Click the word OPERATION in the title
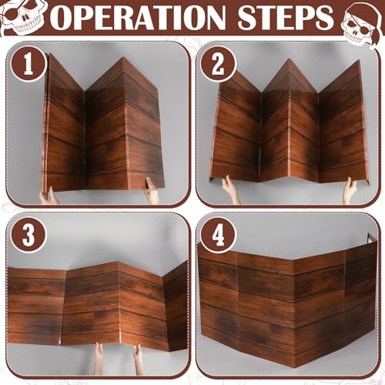(139, 17)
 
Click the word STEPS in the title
(286, 17)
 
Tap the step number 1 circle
(28, 64)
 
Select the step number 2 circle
(218, 64)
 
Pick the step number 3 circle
(28, 236)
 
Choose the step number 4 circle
(218, 236)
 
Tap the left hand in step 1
(49, 196)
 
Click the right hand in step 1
(152, 190)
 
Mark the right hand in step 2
(350, 190)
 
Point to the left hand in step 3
(98, 358)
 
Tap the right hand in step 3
(139, 359)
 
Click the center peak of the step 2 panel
(289, 60)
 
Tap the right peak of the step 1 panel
(122, 58)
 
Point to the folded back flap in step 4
(372, 239)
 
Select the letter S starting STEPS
(248, 17)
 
